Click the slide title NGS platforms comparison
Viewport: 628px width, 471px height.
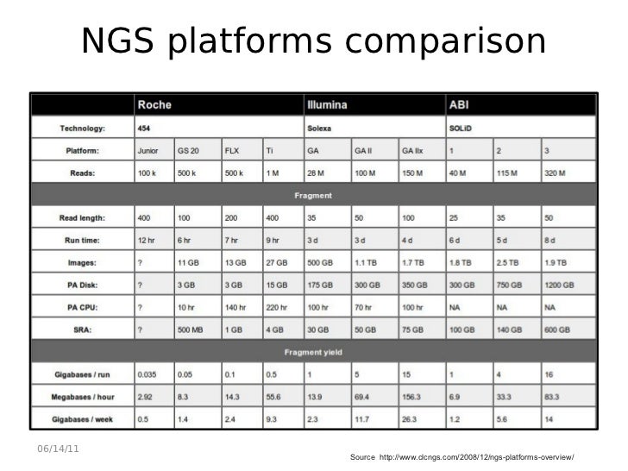pos(314,41)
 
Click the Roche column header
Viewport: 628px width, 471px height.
pos(154,105)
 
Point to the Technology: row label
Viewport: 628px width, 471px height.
pos(83,129)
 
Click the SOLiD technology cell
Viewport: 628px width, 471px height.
pos(462,129)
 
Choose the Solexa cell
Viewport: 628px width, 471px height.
pos(321,129)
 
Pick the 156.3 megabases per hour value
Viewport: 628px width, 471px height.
pos(411,396)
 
